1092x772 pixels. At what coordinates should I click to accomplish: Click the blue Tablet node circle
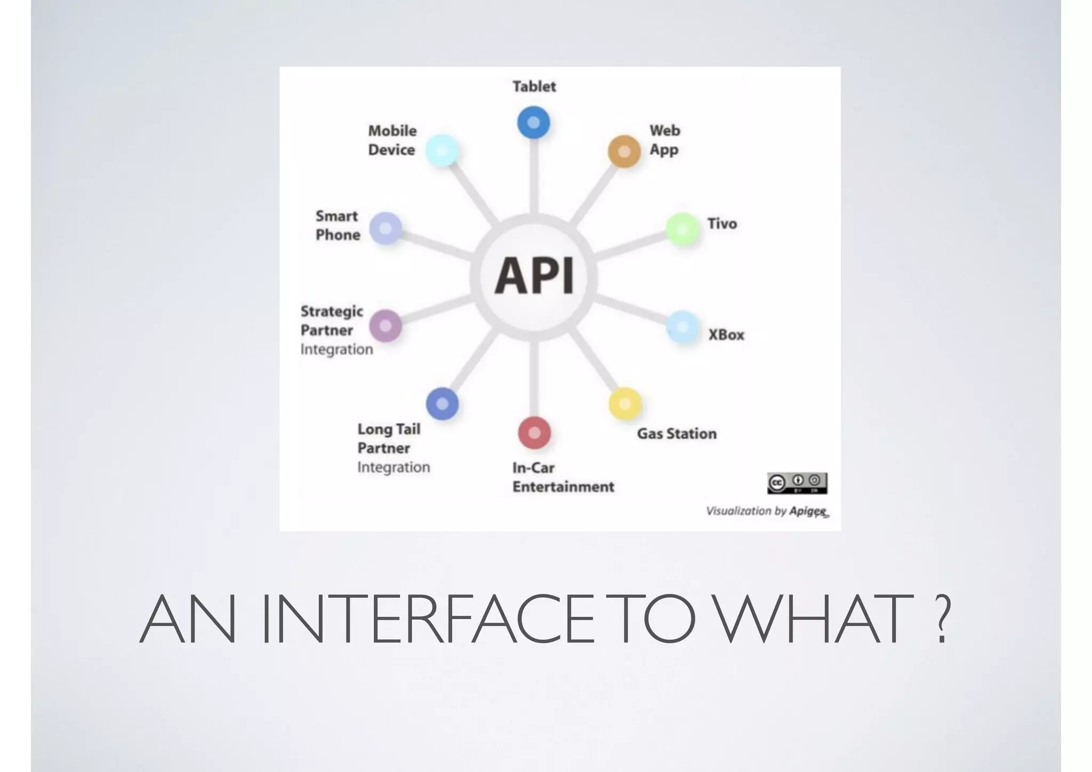(533, 123)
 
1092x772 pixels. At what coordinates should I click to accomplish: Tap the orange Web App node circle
(624, 151)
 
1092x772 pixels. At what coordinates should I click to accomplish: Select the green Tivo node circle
(682, 229)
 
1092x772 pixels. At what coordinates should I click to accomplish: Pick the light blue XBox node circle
(682, 327)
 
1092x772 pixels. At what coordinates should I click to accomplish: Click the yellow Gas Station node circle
(625, 404)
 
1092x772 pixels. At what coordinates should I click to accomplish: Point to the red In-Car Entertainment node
(534, 432)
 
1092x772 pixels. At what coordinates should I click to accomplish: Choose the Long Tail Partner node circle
(442, 404)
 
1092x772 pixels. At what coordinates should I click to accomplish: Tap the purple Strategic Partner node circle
(385, 326)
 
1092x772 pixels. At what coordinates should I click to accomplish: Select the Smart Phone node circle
(385, 228)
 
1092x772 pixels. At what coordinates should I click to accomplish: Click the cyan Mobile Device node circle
(442, 151)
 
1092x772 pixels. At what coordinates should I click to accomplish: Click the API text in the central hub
(534, 276)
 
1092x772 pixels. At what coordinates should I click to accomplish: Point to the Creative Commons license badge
(797, 483)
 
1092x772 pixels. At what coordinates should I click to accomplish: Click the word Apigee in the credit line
(808, 511)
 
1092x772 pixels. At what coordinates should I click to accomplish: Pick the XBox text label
(726, 335)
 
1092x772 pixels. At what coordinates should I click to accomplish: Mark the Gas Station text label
(677, 433)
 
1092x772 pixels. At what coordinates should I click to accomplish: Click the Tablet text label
(534, 86)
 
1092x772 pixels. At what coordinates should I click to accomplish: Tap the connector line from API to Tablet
(534, 176)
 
